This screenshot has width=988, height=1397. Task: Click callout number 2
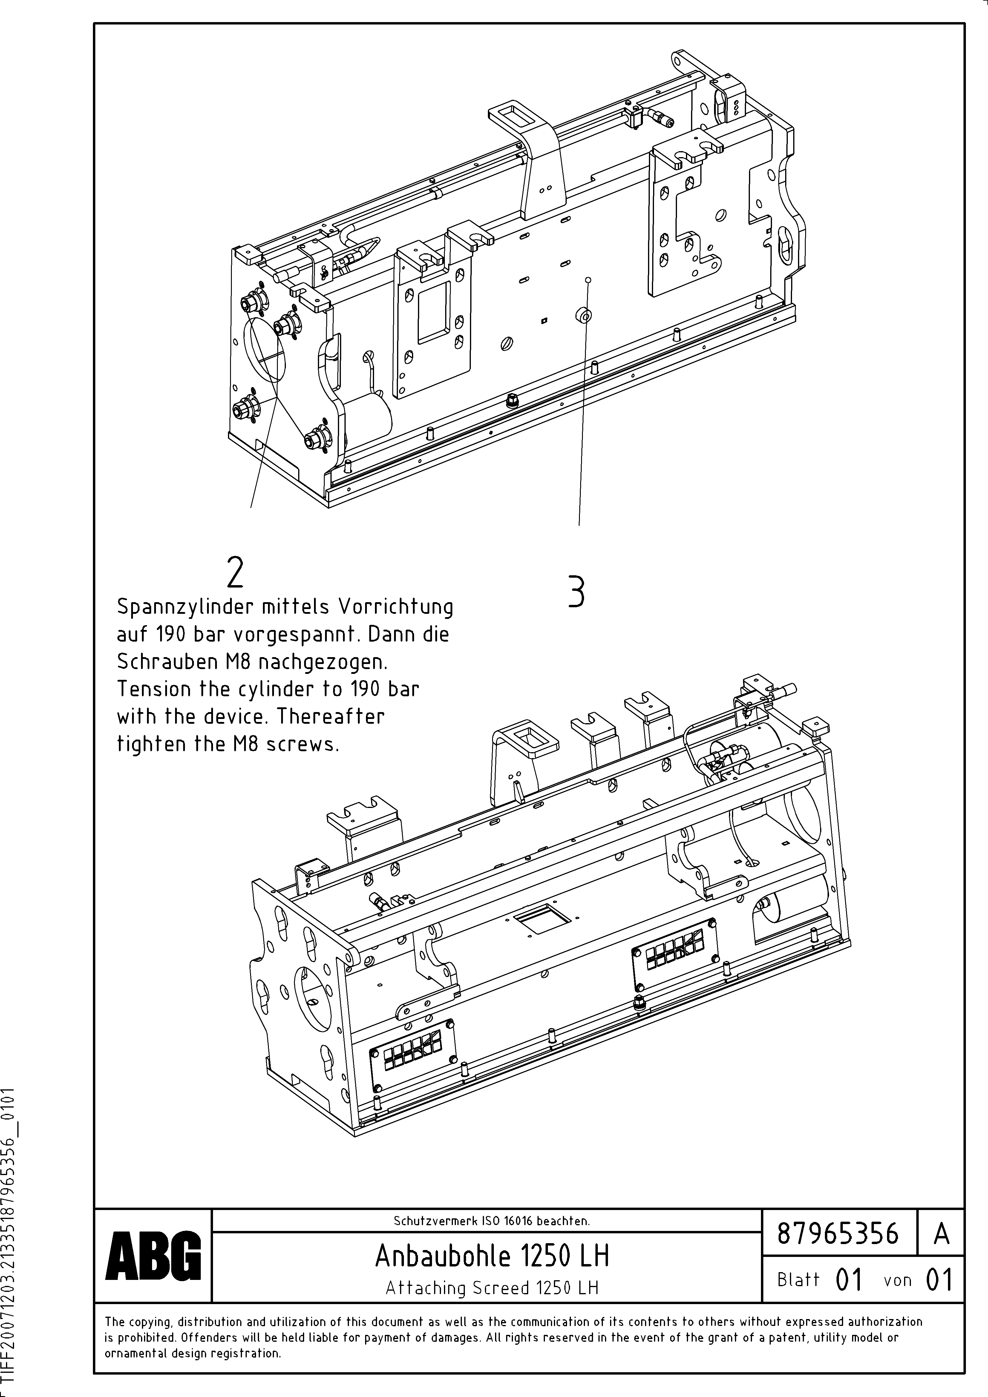[235, 572]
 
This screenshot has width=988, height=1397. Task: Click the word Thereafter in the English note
[330, 716]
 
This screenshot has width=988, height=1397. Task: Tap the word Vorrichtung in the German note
[396, 607]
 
